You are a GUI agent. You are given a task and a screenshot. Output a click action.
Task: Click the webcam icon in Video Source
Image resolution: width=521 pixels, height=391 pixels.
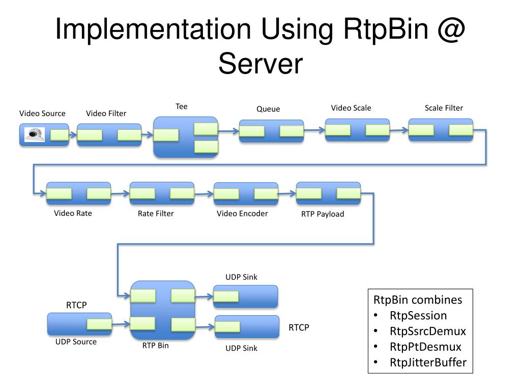(x=35, y=134)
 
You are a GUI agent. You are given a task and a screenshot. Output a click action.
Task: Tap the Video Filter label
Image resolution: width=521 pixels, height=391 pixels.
(x=106, y=114)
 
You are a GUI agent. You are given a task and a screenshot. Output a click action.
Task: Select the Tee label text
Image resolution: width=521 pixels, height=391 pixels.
(x=182, y=106)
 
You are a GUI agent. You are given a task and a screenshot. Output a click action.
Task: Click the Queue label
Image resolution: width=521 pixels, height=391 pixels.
(x=268, y=109)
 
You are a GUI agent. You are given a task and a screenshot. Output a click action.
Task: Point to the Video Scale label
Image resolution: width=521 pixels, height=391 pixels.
(x=351, y=108)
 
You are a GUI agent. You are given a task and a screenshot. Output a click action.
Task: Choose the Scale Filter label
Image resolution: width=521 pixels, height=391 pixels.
(x=444, y=108)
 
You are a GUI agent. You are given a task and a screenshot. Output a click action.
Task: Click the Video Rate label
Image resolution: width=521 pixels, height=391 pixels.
(x=73, y=213)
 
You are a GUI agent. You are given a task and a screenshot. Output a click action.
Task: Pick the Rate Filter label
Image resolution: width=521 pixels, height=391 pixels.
(x=156, y=214)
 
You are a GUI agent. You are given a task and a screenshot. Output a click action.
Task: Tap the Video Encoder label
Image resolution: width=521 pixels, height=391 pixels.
(x=242, y=214)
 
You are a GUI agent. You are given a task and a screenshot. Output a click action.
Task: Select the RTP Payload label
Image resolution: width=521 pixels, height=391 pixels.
(x=323, y=214)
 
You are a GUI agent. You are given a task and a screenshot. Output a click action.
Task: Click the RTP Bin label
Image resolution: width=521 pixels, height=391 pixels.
(x=156, y=346)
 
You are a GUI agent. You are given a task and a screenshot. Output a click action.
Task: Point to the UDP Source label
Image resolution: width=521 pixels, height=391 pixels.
(x=76, y=342)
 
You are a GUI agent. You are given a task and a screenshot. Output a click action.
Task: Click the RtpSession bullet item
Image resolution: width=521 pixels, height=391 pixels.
(x=418, y=316)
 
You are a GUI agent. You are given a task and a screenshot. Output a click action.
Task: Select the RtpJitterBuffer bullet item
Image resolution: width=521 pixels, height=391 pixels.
(x=428, y=363)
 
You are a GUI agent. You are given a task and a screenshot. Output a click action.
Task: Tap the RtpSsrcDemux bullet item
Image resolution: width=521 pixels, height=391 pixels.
(x=428, y=331)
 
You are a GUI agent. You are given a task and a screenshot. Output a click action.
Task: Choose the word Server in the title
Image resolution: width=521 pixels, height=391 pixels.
(x=260, y=65)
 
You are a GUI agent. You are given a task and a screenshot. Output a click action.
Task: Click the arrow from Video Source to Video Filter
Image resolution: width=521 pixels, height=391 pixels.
(x=73, y=135)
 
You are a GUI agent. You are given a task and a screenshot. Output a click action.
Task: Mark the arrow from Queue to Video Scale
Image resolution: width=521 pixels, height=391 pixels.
(x=314, y=130)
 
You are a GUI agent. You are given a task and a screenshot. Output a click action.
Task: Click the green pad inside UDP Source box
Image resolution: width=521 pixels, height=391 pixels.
(x=99, y=324)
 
